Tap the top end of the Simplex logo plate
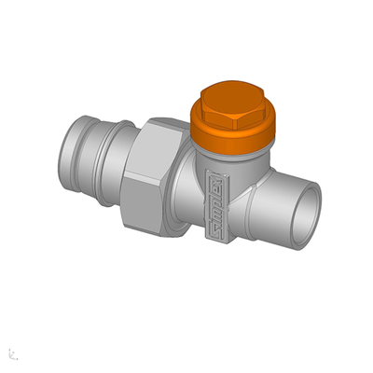click(212, 174)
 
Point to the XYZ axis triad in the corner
click(12, 353)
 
